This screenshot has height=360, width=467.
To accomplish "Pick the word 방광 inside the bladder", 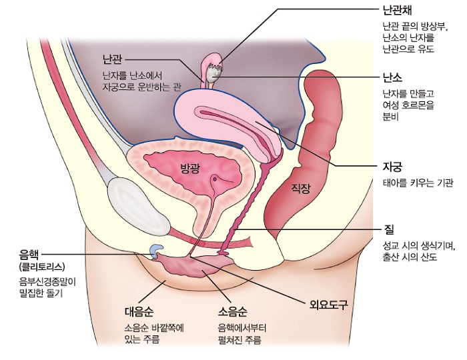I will pyautogui.click(x=191, y=167).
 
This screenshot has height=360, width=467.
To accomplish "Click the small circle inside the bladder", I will pyautogui.click(x=215, y=179).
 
